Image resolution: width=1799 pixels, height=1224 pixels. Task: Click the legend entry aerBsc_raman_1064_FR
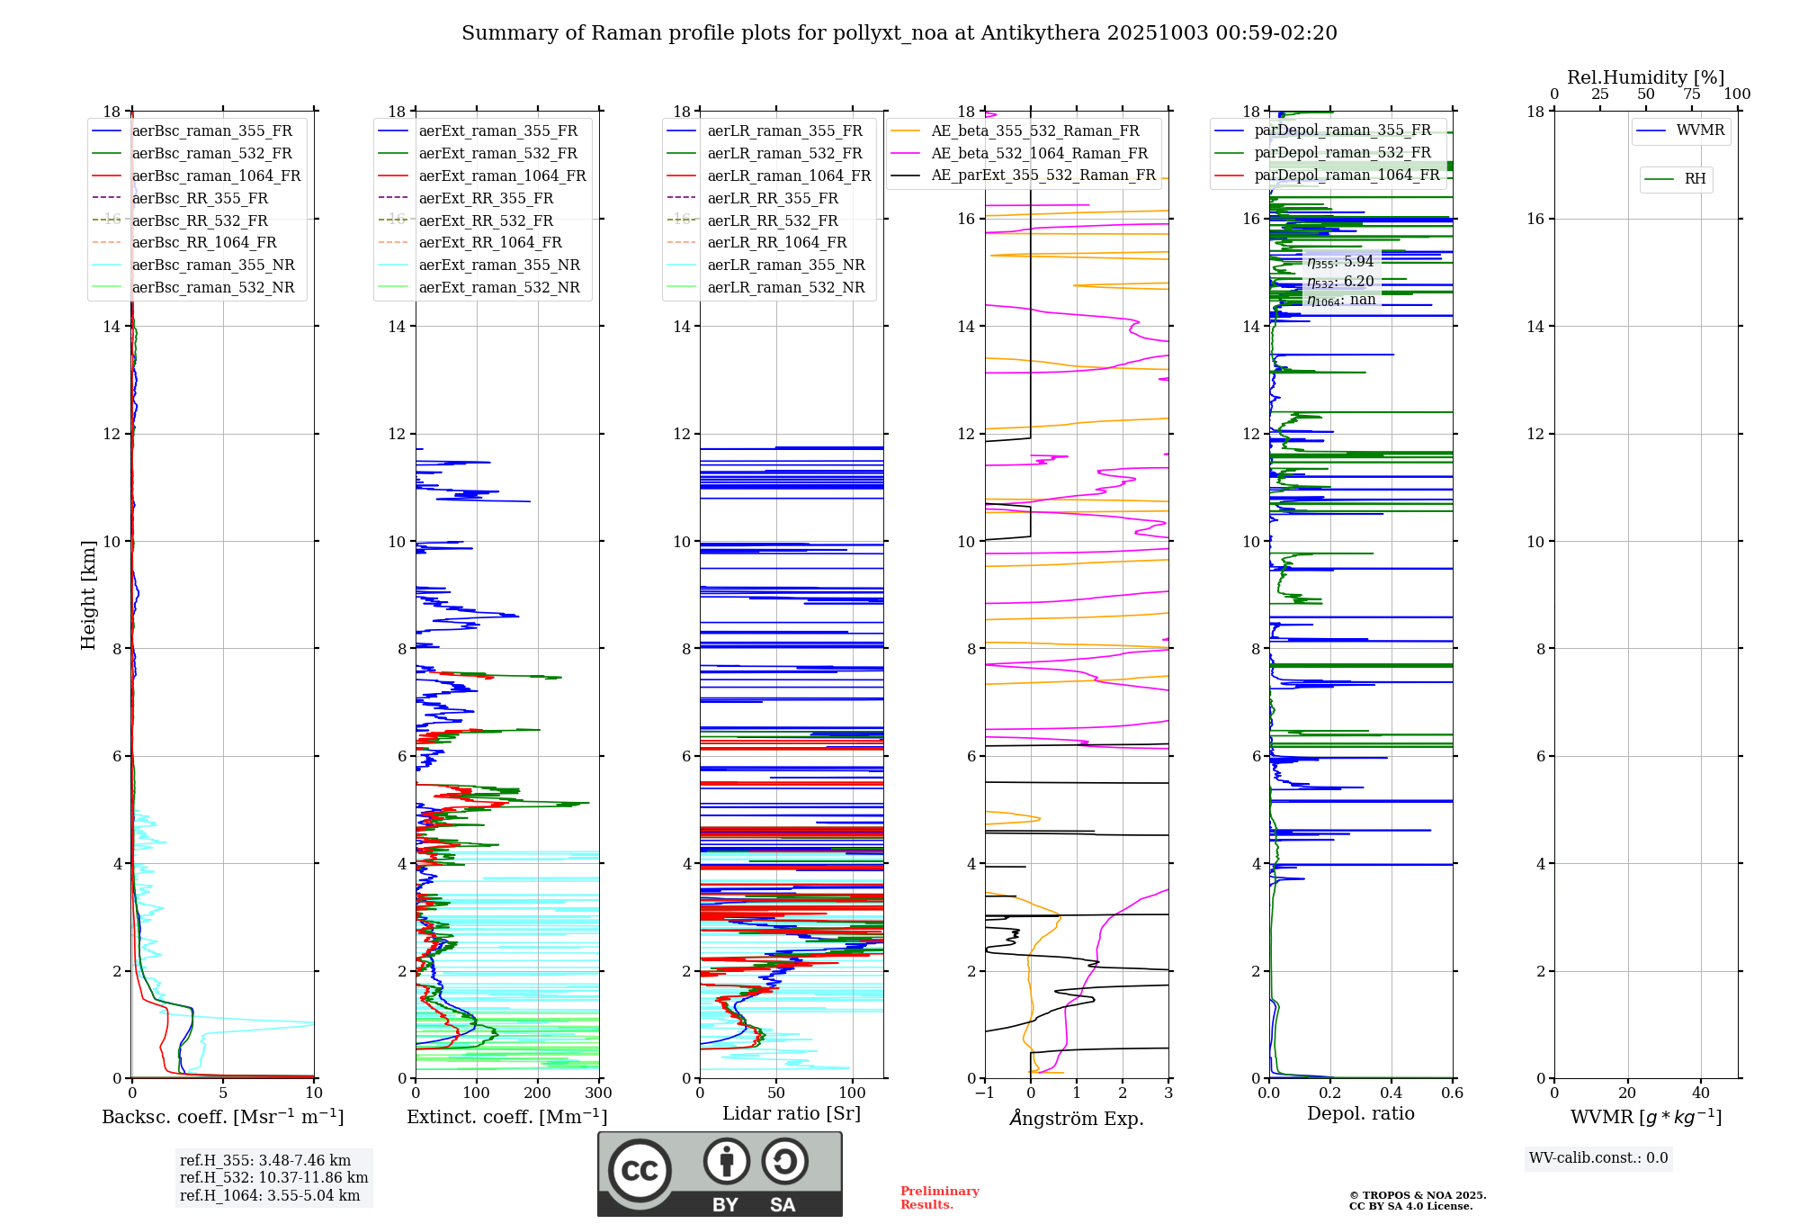(x=216, y=176)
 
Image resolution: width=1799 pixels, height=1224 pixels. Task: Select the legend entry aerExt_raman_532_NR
(x=499, y=288)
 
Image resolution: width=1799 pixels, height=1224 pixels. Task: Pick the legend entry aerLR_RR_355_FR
(x=772, y=199)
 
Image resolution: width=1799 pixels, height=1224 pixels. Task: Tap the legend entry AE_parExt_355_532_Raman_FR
(x=1043, y=175)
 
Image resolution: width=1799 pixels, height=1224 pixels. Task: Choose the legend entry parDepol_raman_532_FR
(x=1342, y=153)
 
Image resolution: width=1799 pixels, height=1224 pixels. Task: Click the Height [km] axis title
(x=88, y=595)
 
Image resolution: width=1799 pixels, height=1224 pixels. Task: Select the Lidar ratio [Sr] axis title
(x=792, y=1113)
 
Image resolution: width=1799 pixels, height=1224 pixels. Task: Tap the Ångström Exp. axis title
(x=1077, y=1119)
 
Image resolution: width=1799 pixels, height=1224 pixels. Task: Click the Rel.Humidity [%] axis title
(x=1645, y=77)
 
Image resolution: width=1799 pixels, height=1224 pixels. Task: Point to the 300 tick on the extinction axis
(x=599, y=1093)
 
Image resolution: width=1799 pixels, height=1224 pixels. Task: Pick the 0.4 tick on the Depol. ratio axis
(x=1392, y=1093)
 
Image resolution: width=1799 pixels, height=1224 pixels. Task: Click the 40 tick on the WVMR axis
(x=1701, y=1093)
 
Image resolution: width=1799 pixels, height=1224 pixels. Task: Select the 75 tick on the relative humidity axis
(x=1692, y=94)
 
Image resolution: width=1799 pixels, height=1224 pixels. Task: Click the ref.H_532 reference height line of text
(x=273, y=1178)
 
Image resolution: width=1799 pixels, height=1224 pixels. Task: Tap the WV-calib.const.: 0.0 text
(x=1598, y=1158)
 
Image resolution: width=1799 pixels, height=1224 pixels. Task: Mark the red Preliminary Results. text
(x=939, y=1198)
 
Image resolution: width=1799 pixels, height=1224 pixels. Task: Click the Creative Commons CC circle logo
(x=640, y=1171)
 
